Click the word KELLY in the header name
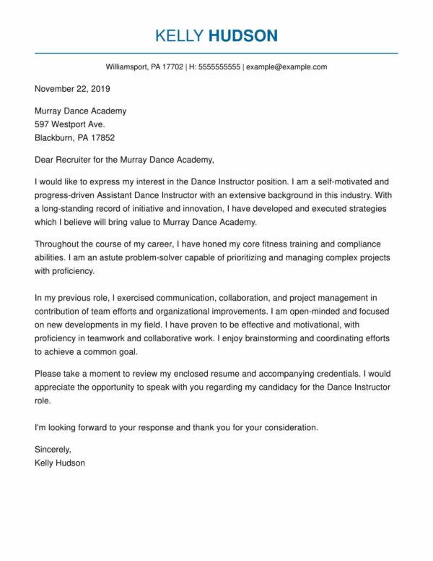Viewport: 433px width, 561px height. point(178,35)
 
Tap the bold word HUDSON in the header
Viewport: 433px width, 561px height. point(242,35)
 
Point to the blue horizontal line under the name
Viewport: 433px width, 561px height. point(216,52)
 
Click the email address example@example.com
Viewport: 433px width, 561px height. point(287,67)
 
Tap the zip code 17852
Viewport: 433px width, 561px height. point(100,137)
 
